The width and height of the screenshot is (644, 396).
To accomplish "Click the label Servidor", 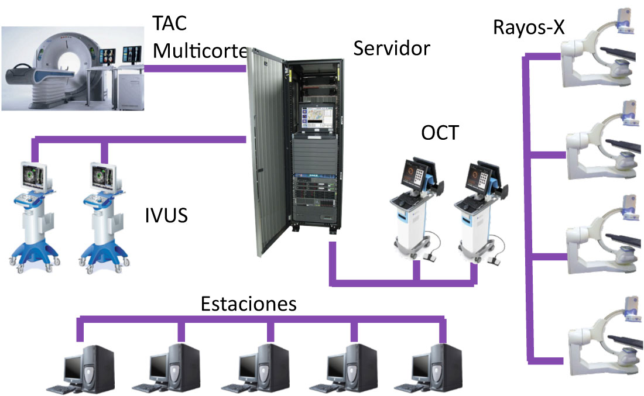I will tap(392, 49).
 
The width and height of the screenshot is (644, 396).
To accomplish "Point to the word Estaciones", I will tap(249, 304).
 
